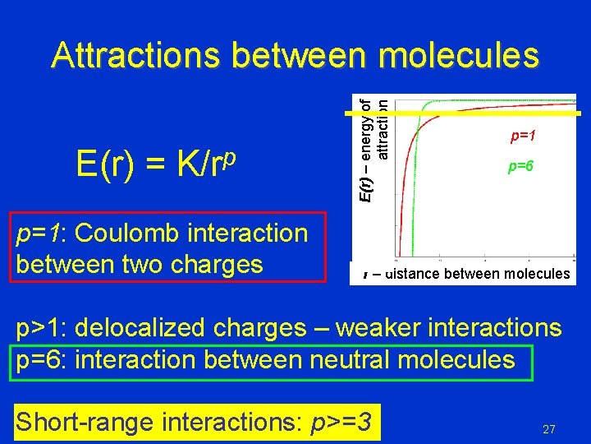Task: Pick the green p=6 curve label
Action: tap(520, 167)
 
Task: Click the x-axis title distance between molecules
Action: tap(465, 273)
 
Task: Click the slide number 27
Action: tap(549, 429)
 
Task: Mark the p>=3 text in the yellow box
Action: tap(340, 422)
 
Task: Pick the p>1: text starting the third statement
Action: tap(42, 328)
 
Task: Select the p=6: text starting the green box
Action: tap(42, 360)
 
